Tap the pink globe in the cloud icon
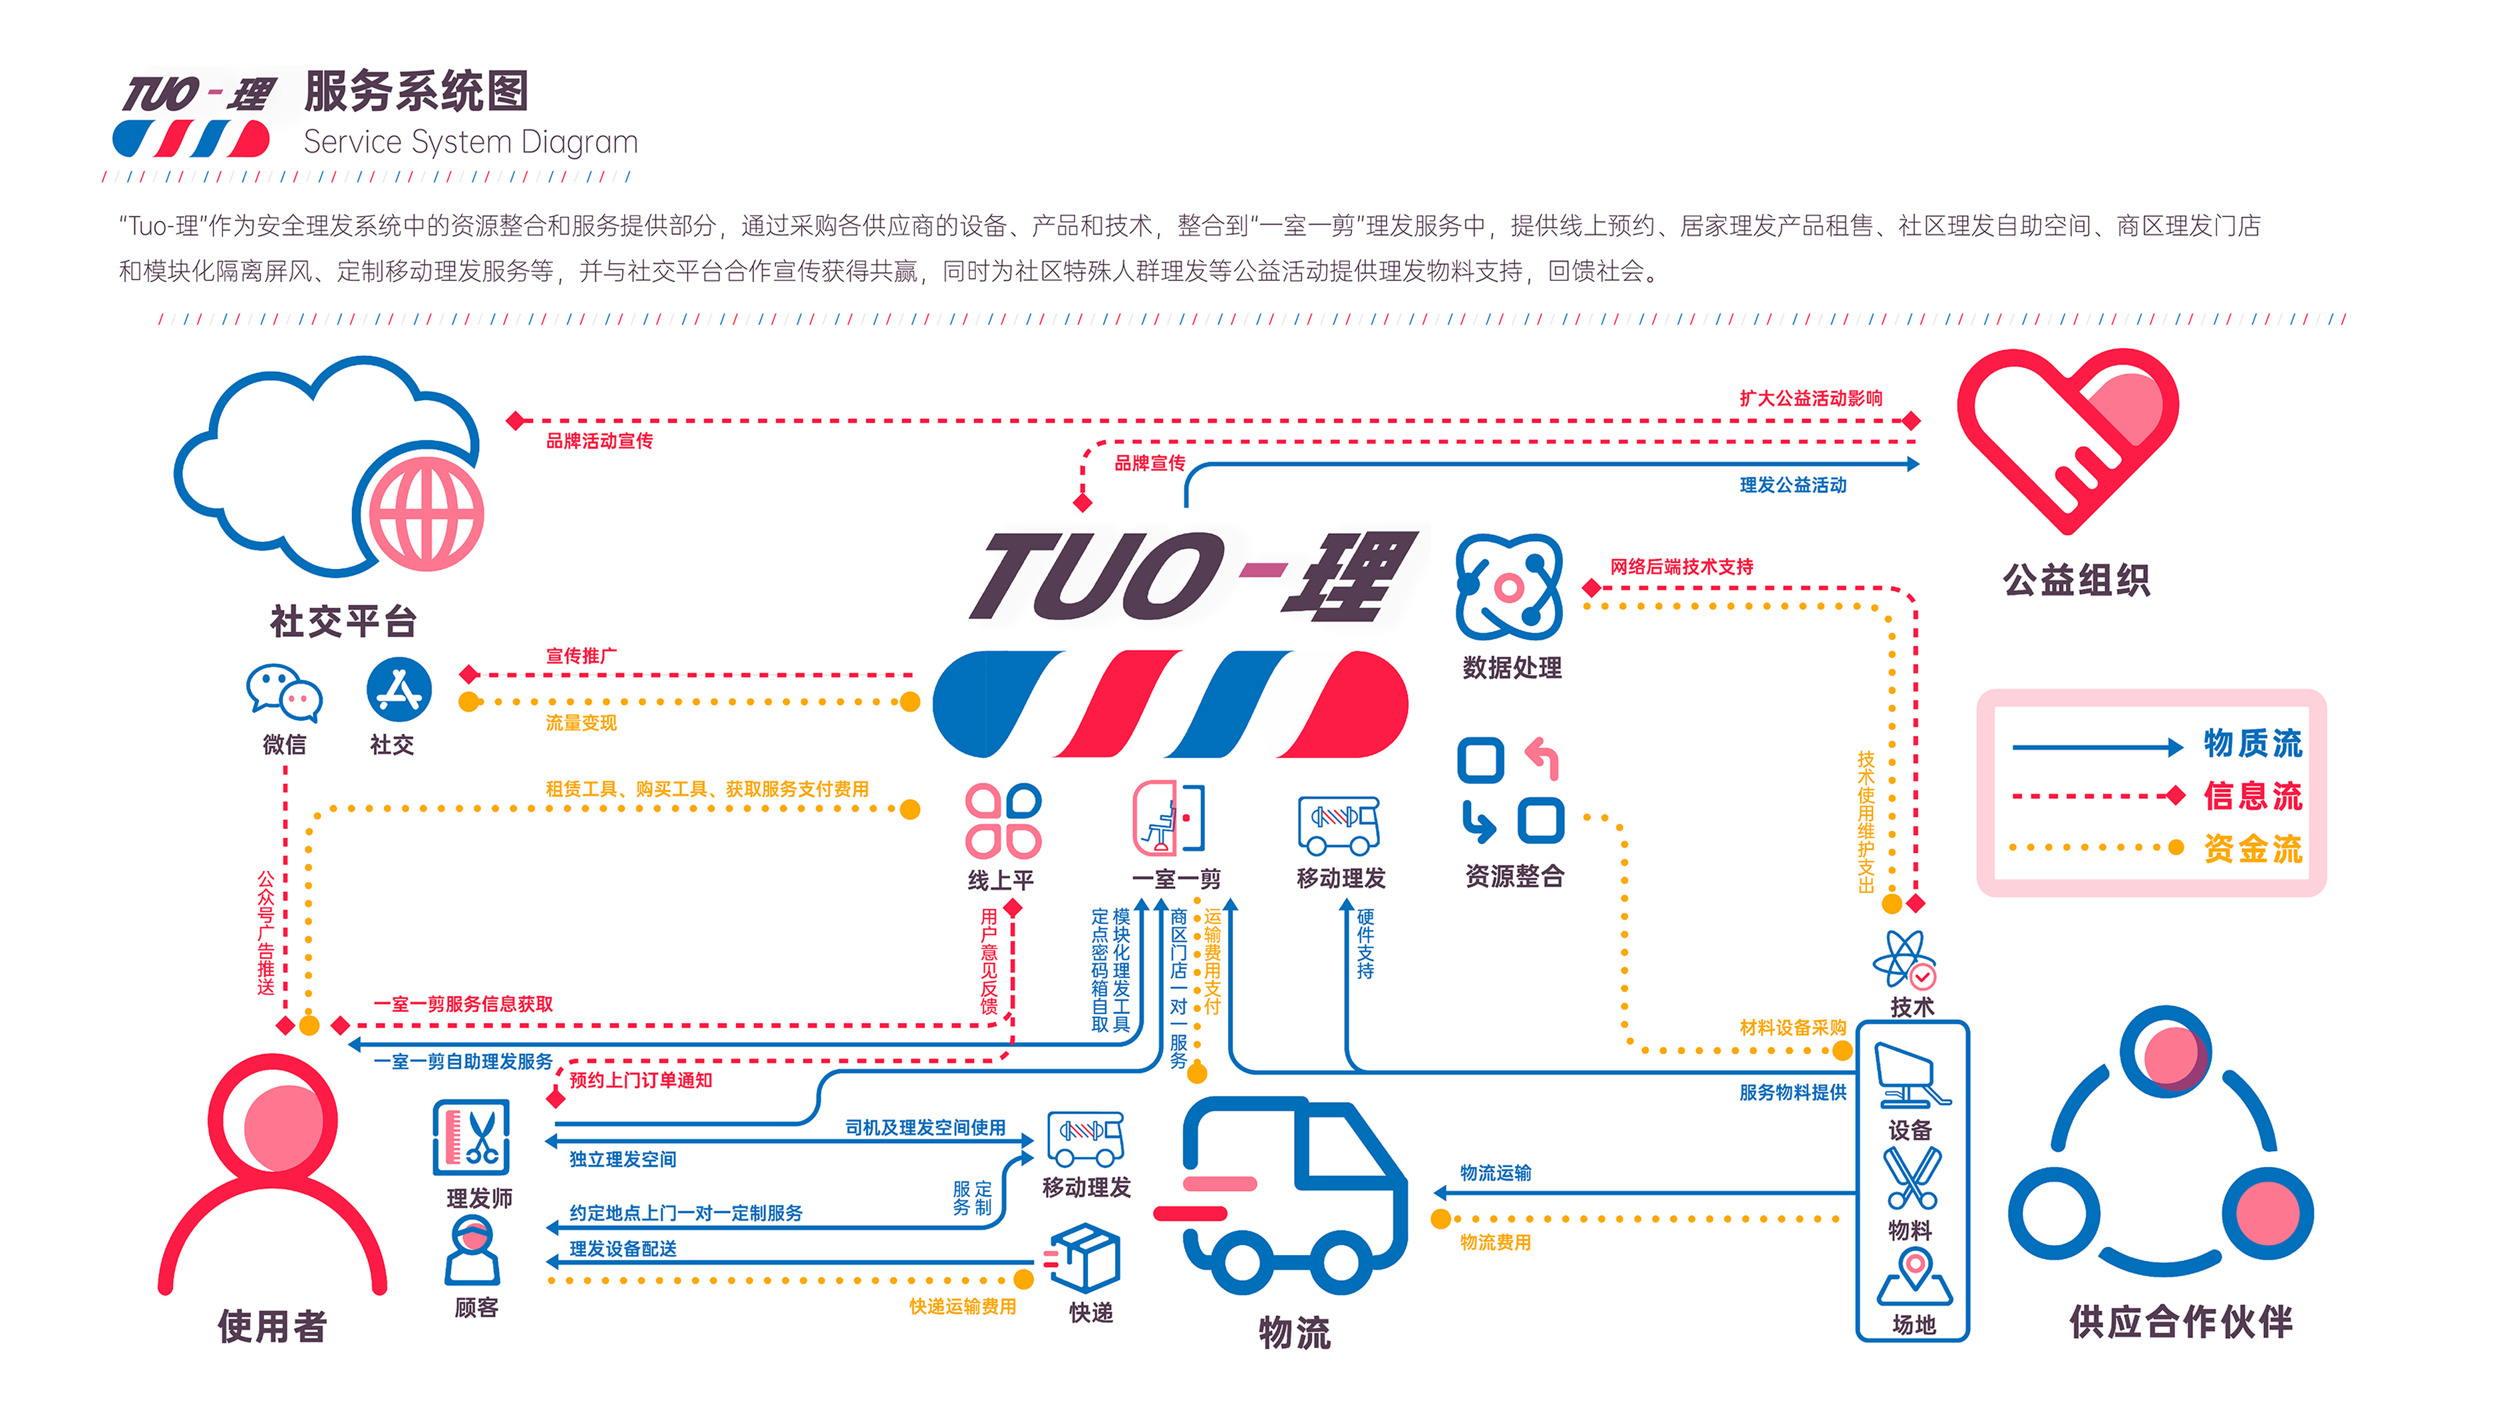[424, 514]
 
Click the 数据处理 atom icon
[1509, 587]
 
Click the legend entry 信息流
[2252, 796]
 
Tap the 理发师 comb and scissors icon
[472, 1139]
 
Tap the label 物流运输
[1495, 1172]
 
